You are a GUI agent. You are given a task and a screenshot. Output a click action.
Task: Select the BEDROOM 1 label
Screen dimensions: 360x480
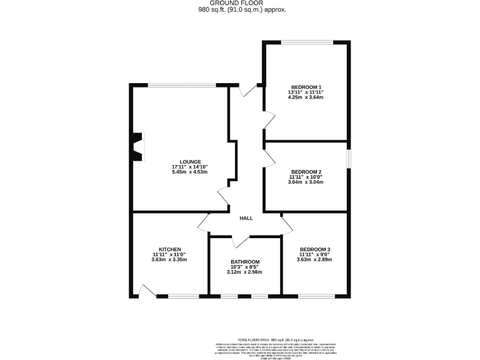pos(306,87)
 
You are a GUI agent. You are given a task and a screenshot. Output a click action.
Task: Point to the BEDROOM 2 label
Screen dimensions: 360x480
pos(306,172)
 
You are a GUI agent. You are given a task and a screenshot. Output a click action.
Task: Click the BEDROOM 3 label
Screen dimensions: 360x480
pos(314,249)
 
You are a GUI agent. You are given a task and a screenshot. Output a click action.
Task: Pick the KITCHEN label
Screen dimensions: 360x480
pos(169,249)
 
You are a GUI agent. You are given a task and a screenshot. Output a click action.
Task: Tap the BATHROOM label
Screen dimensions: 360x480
pos(244,262)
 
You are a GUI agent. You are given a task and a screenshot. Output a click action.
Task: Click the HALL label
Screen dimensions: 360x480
pos(246,218)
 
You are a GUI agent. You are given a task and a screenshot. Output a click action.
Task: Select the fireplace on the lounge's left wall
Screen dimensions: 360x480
pos(137,147)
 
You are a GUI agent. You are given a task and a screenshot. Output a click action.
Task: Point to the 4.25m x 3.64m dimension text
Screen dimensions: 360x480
pos(306,97)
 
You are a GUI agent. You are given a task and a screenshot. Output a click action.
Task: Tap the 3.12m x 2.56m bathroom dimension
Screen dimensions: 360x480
pos(244,272)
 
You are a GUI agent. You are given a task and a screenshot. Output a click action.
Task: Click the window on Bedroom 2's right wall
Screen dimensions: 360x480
pos(348,159)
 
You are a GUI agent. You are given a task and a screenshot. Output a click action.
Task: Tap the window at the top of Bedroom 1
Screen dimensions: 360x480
pos(306,42)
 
